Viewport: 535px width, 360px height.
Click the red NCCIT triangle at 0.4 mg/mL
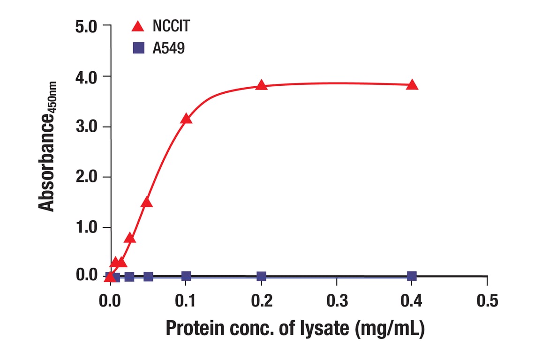(412, 85)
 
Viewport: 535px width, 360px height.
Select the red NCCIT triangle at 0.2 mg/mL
(262, 85)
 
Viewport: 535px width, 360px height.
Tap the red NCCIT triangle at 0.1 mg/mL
(186, 119)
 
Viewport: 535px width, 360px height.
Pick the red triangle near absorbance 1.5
(147, 202)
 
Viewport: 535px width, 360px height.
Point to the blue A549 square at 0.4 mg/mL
(412, 276)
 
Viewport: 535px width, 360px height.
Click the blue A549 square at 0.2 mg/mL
(262, 277)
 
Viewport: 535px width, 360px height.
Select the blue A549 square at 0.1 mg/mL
(186, 276)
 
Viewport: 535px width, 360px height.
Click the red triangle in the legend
(138, 26)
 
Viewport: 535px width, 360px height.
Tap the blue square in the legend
(138, 47)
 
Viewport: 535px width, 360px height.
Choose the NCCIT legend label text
(171, 26)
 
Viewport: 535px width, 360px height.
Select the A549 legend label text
(168, 48)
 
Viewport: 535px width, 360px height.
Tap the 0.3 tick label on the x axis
(337, 300)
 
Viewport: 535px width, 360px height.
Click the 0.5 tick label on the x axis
(487, 300)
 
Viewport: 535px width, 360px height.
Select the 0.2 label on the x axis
(262, 300)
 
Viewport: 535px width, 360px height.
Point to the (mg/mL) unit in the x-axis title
(389, 329)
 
